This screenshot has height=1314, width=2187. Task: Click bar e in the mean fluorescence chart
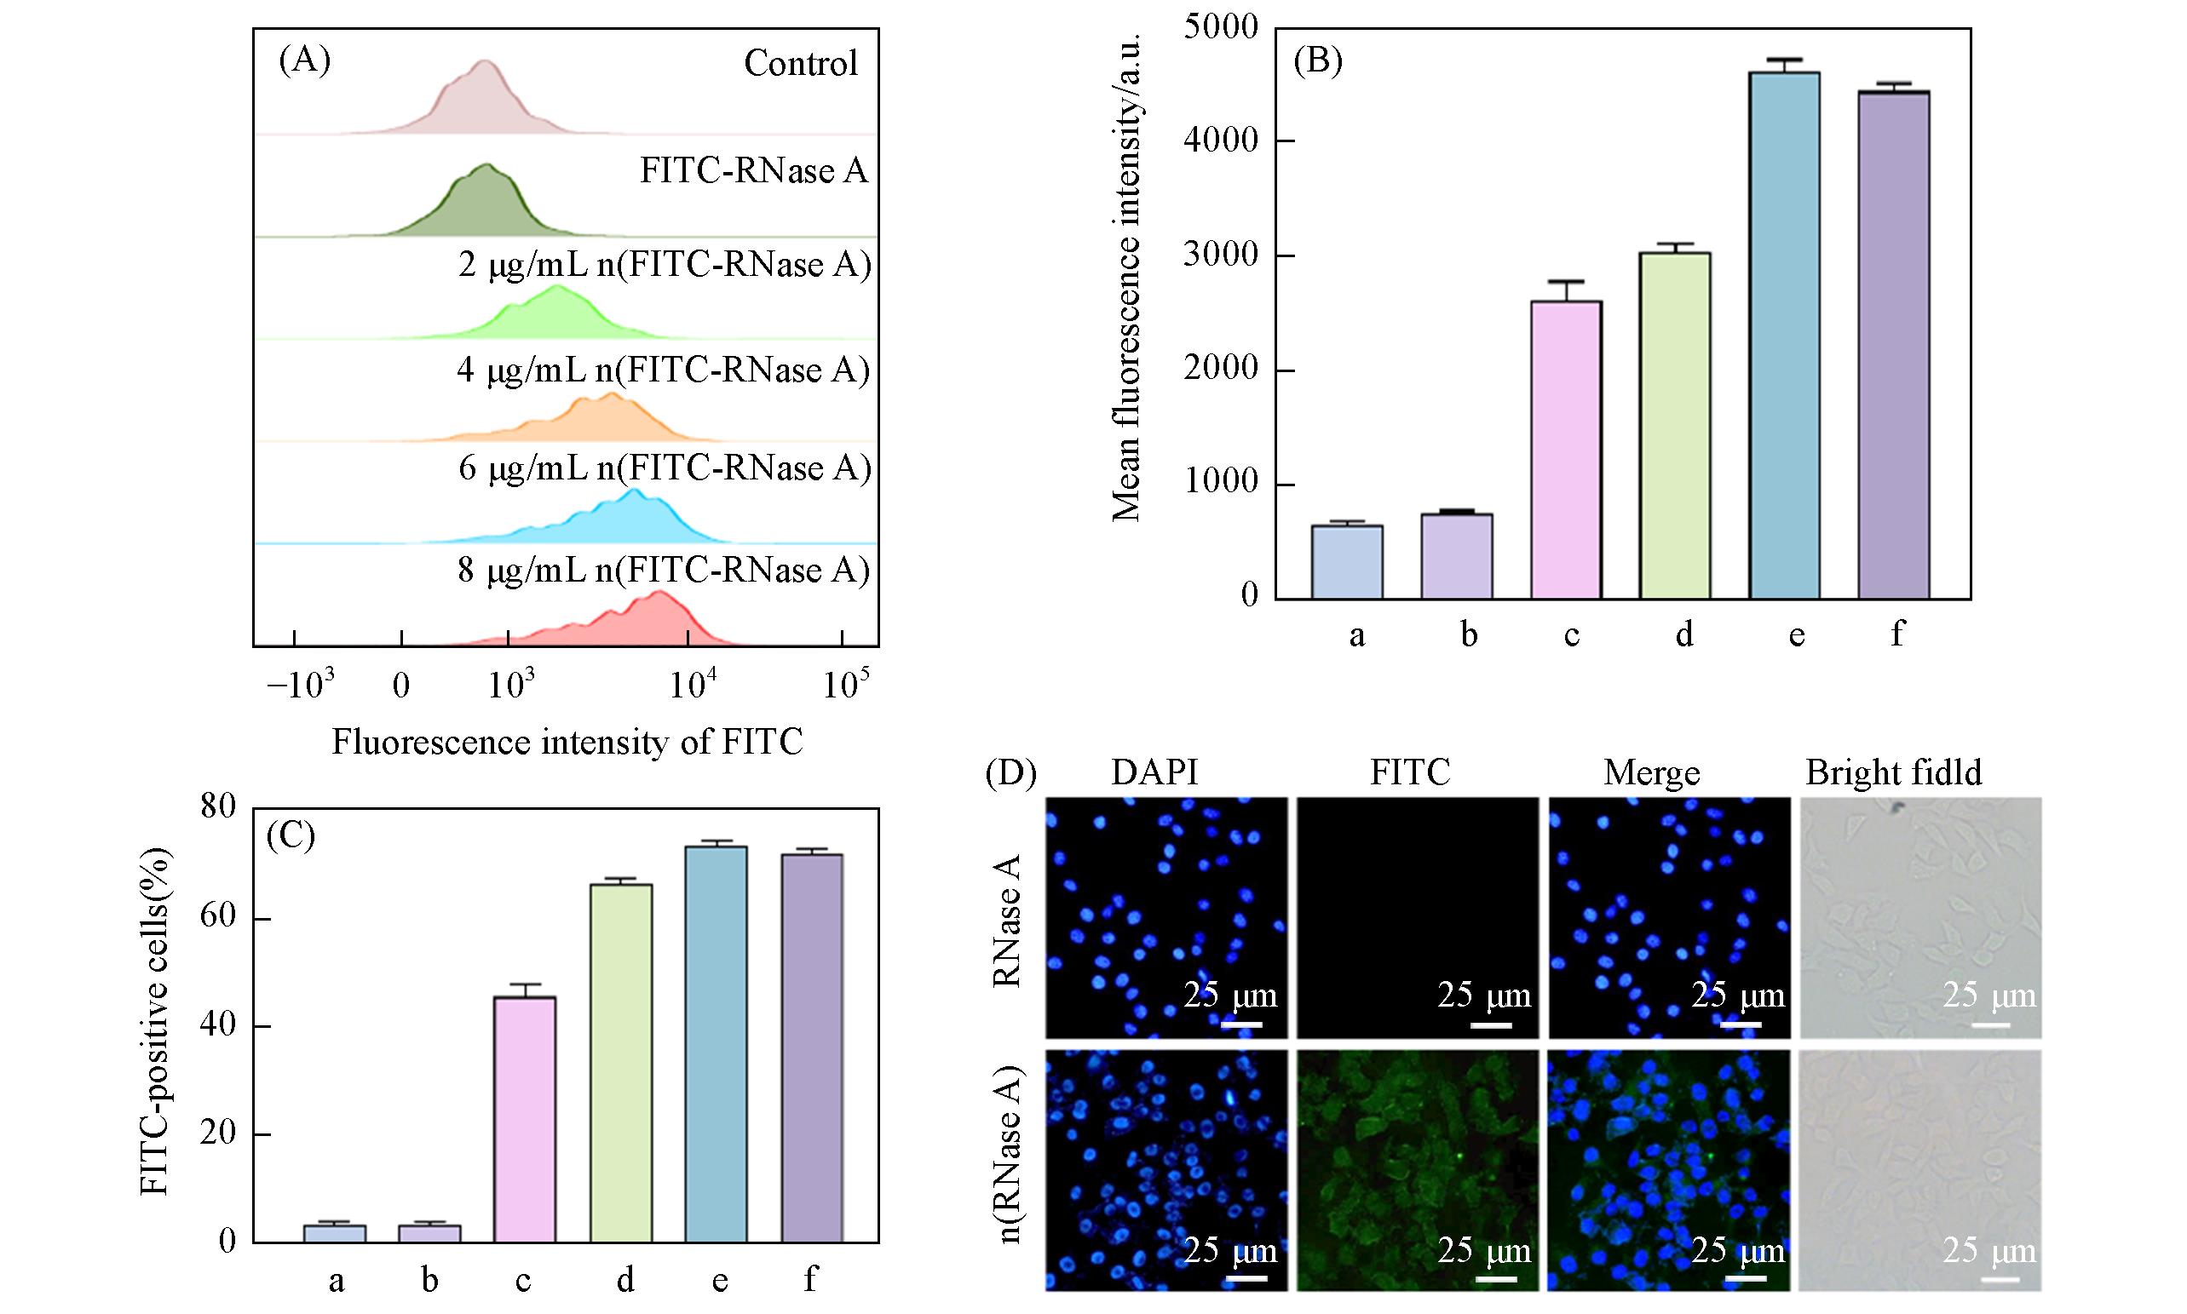coord(1783,336)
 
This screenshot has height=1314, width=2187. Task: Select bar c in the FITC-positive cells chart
coord(524,1119)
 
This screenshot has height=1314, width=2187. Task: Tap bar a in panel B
coord(1346,562)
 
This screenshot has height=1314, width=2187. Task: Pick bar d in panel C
coord(621,1063)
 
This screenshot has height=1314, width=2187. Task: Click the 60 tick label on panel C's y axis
coord(218,917)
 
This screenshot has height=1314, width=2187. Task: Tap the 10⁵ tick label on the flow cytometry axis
coord(845,685)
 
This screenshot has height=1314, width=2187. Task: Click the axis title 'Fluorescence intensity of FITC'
coord(567,742)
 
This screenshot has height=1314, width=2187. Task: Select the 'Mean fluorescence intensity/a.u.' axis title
coord(1126,276)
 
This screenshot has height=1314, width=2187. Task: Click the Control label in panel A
coord(801,63)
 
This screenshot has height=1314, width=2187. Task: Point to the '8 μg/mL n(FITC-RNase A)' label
coord(664,571)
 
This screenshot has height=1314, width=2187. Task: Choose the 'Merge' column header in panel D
coord(1651,773)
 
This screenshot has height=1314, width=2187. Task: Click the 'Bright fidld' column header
coord(1894,773)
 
